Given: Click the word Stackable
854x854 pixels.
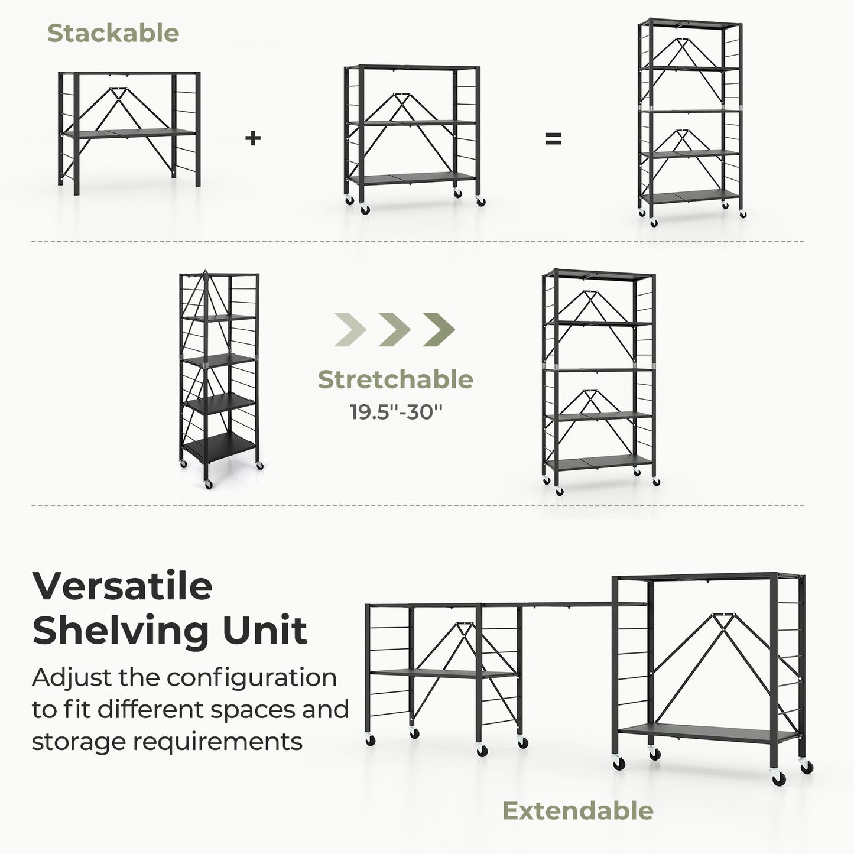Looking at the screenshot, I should coord(113,33).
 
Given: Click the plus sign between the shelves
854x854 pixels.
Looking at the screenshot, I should coord(253,138).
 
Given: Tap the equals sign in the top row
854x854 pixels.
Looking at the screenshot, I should coord(553,139).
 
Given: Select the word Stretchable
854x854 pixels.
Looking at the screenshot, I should coord(395,379).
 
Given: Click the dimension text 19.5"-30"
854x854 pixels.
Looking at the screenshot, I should coord(395,411).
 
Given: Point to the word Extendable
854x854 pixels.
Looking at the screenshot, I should coord(577,811).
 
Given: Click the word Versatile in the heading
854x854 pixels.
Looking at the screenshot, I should coord(122,586).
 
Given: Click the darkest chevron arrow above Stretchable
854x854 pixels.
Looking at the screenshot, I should coord(439,329).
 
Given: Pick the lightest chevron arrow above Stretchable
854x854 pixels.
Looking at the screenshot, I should coord(350,329).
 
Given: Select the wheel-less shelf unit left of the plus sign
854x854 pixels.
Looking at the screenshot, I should coord(129,132).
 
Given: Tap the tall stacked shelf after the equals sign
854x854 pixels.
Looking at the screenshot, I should coord(690,121).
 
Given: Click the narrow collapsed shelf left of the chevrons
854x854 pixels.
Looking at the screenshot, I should coord(219,378).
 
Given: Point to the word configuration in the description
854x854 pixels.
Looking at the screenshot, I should coord(251,677).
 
